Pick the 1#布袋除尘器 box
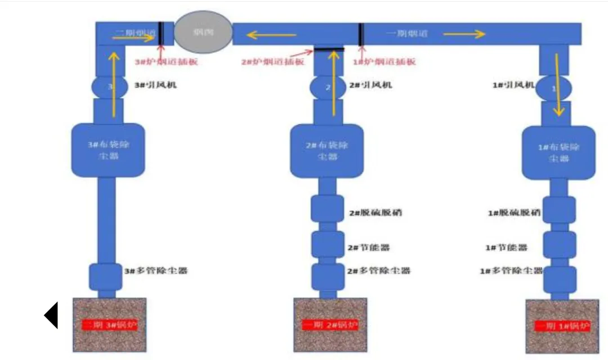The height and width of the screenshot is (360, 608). pyautogui.click(x=559, y=152)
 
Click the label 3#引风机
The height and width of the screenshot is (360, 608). pyautogui.click(x=153, y=85)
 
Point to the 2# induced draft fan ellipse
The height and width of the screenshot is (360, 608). pyautogui.click(x=328, y=87)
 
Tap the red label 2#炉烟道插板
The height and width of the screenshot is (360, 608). pyautogui.click(x=273, y=61)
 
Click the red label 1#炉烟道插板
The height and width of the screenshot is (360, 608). pyautogui.click(x=384, y=61)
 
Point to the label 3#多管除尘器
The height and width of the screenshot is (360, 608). pyautogui.click(x=155, y=271)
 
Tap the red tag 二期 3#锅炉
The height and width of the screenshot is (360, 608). pyautogui.click(x=110, y=325)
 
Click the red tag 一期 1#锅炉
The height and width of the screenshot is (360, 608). pyautogui.click(x=562, y=327)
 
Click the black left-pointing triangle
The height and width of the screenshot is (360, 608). pyautogui.click(x=51, y=315)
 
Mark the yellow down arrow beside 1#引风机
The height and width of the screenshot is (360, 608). pyautogui.click(x=558, y=84)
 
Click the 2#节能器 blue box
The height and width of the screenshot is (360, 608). pyautogui.click(x=328, y=244)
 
